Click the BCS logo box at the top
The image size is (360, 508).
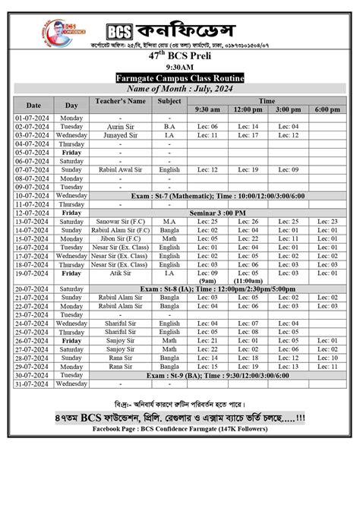pyautogui.click(x=118, y=31)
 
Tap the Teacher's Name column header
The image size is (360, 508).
pyautogui.click(x=120, y=100)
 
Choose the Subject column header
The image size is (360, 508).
pyautogui.click(x=169, y=100)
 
